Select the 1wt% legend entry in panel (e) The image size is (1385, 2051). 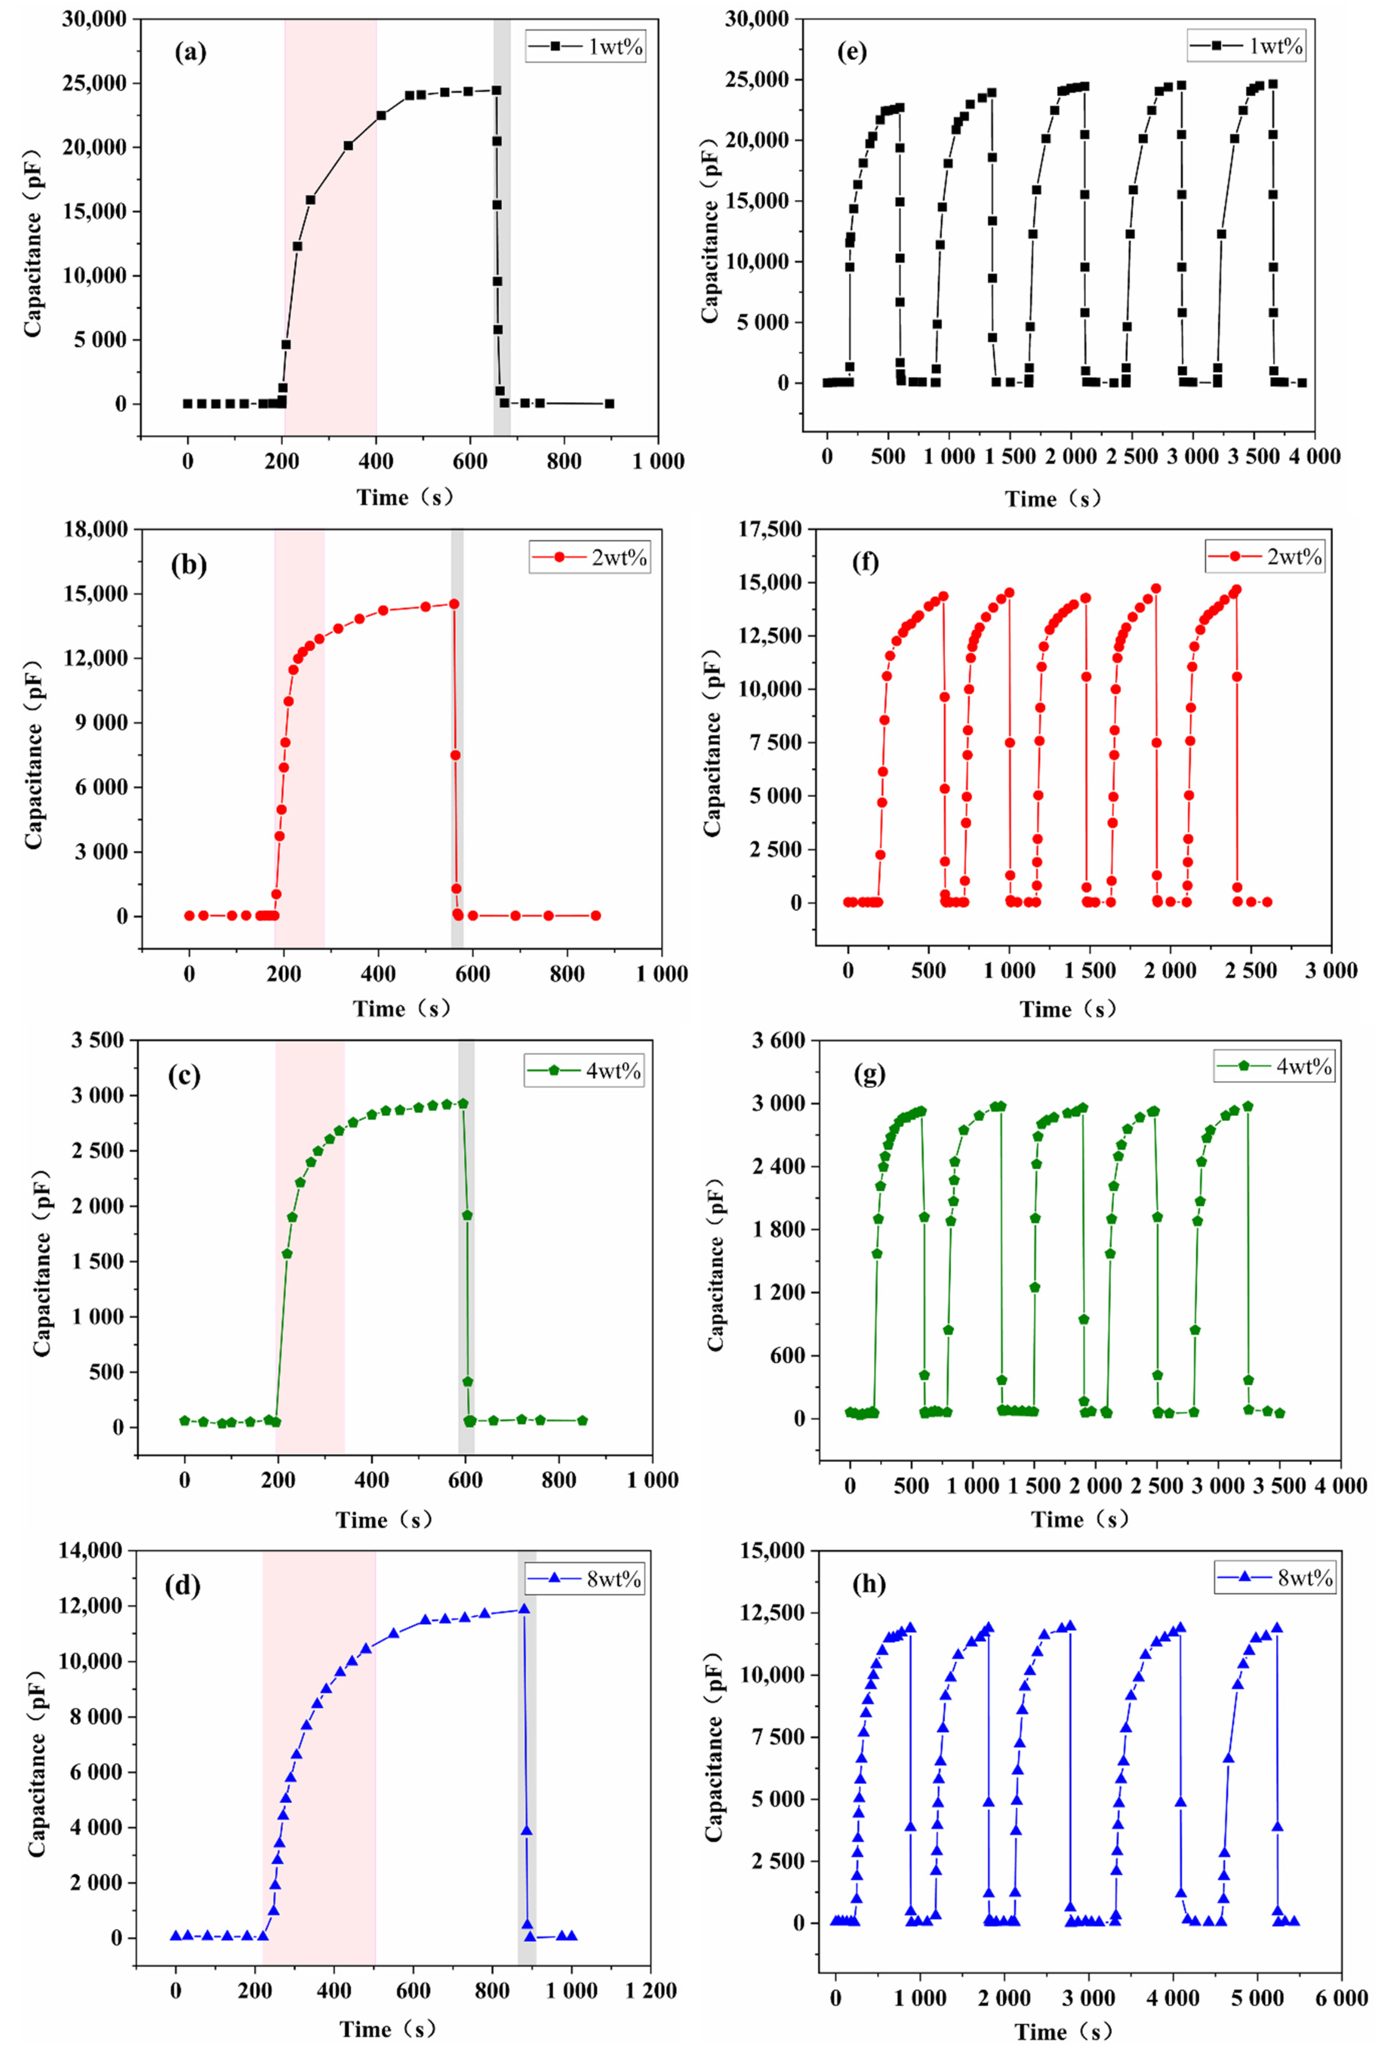(1246, 44)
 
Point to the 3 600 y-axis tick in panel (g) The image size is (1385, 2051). (778, 1040)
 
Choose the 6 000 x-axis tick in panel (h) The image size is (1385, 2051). (1341, 1997)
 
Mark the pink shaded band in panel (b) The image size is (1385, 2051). (299, 737)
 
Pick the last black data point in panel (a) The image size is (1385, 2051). (609, 403)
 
